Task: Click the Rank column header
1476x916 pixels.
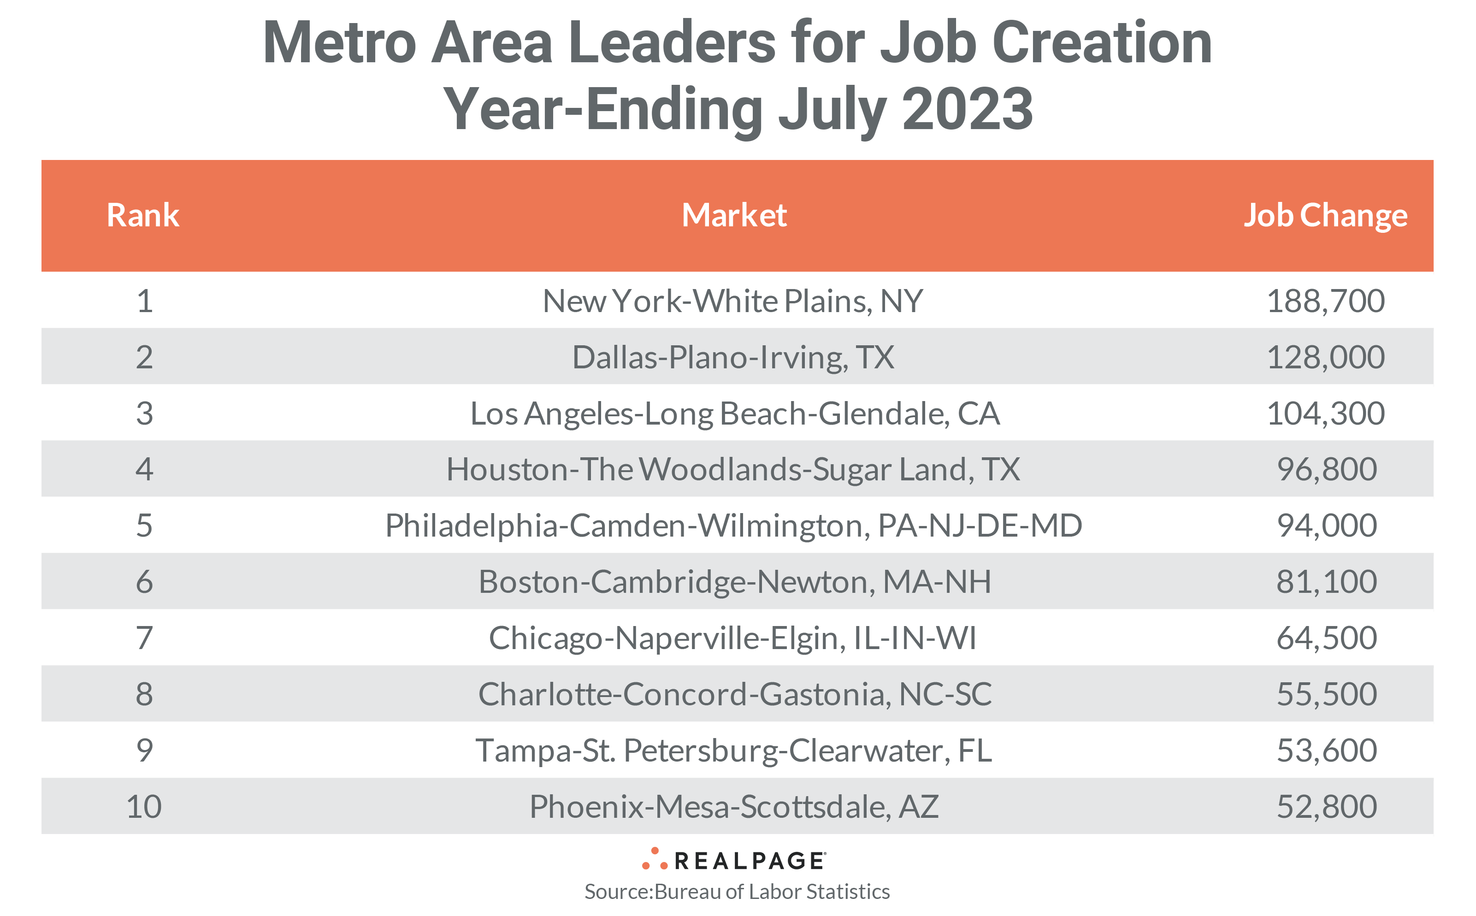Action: tap(143, 215)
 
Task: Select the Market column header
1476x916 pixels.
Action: tap(733, 215)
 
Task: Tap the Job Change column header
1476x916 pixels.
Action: tap(1325, 215)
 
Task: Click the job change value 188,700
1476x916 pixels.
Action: tap(1325, 301)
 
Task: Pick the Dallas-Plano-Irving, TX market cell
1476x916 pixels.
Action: tap(733, 357)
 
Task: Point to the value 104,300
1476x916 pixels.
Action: tap(1325, 413)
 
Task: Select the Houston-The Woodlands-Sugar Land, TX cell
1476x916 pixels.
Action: tap(733, 469)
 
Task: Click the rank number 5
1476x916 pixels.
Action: tap(144, 525)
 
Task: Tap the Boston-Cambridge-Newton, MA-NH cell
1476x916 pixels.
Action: tap(734, 582)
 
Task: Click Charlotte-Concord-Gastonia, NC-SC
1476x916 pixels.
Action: tap(734, 694)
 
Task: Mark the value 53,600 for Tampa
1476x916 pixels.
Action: tap(1326, 750)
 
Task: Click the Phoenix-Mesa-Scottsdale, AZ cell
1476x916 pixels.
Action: tap(733, 806)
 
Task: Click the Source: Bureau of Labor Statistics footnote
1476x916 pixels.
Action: tap(737, 892)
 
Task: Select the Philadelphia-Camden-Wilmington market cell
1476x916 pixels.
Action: tap(733, 525)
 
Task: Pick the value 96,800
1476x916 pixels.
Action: tap(1326, 469)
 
